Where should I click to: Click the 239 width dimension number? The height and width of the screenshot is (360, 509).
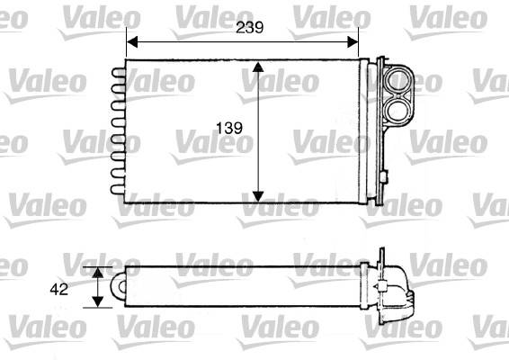coord(249,28)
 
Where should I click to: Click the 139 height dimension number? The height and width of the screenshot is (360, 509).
coord(229,128)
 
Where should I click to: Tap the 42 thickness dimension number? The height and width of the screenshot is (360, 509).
coord(59,289)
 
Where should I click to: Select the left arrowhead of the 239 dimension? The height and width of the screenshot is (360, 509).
coord(132,42)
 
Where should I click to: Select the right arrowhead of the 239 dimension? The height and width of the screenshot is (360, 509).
coord(353,42)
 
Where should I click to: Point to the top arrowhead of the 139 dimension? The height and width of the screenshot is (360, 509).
coord(258,67)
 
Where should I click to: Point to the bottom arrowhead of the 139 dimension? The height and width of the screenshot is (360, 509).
coord(258,197)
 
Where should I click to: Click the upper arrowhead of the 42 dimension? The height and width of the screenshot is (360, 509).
coord(98,273)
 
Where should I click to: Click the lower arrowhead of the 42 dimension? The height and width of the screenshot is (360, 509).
coord(98,301)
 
